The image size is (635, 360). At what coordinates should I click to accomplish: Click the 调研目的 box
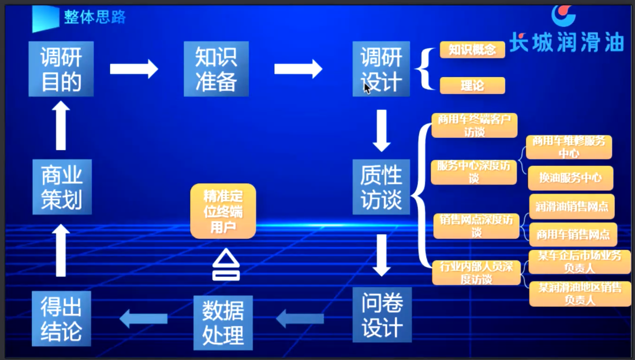point(61,69)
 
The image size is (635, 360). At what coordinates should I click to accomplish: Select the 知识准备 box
point(216,69)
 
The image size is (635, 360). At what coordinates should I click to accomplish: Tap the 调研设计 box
point(381,69)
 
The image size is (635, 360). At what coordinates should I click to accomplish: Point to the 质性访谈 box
point(381,187)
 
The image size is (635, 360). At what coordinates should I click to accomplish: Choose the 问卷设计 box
point(381,315)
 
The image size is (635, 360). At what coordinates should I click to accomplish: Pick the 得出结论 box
point(61,318)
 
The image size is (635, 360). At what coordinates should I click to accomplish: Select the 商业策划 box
point(61,187)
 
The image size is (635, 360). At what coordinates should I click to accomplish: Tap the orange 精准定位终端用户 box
point(223,211)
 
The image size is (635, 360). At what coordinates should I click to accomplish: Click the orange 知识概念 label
point(472,50)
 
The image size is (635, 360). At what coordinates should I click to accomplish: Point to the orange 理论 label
point(472,85)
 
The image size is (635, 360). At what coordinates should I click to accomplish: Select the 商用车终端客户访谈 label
point(474,126)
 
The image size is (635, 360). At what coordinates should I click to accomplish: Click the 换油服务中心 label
point(570,178)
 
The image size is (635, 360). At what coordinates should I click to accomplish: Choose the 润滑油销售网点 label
point(572,206)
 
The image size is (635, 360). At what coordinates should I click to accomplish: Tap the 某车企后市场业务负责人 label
point(579,262)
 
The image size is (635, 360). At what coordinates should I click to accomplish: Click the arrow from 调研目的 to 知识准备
point(134,69)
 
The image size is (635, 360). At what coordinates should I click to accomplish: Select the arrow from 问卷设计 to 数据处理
point(300,318)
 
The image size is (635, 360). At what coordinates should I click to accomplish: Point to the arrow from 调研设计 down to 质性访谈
point(381,130)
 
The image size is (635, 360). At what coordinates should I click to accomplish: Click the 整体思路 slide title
point(95,17)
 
